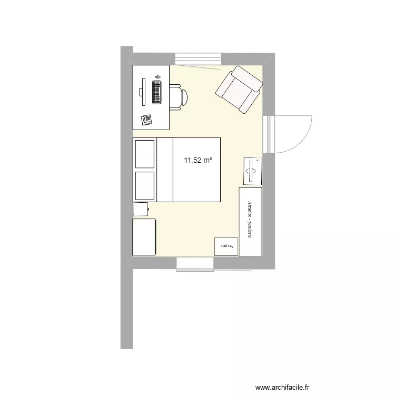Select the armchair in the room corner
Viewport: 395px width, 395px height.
239,89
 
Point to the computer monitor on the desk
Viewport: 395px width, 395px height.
143,87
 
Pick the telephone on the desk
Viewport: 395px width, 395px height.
146,119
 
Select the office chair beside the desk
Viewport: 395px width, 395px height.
178,96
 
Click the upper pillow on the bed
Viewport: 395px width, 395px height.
145,154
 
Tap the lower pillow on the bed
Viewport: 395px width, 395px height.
145,186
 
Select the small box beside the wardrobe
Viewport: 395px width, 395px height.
226,246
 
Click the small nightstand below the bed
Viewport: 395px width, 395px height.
141,209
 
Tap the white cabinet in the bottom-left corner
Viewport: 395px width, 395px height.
144,238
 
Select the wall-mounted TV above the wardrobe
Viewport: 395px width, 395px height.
252,171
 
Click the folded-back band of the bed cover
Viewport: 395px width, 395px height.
165,170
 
